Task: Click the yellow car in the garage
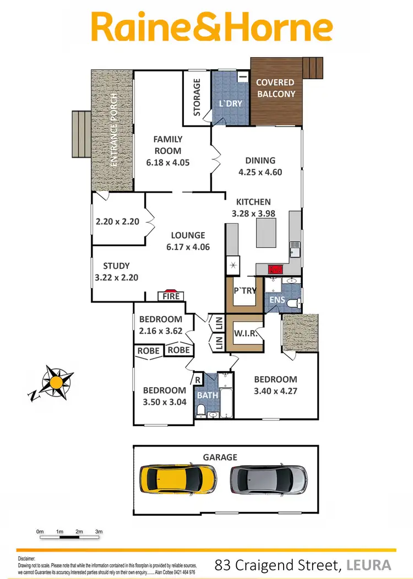pyautogui.click(x=177, y=479)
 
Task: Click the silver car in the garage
pyautogui.click(x=268, y=479)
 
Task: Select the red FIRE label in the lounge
pyautogui.click(x=170, y=296)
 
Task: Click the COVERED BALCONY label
pyautogui.click(x=276, y=88)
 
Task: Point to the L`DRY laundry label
pyautogui.click(x=231, y=103)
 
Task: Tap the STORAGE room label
pyautogui.click(x=197, y=98)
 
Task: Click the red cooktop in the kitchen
pyautogui.click(x=274, y=269)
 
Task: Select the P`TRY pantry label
pyautogui.click(x=245, y=290)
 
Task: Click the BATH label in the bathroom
pyautogui.click(x=208, y=395)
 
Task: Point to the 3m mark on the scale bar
pyautogui.click(x=99, y=532)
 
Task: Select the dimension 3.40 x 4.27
pyautogui.click(x=275, y=391)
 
